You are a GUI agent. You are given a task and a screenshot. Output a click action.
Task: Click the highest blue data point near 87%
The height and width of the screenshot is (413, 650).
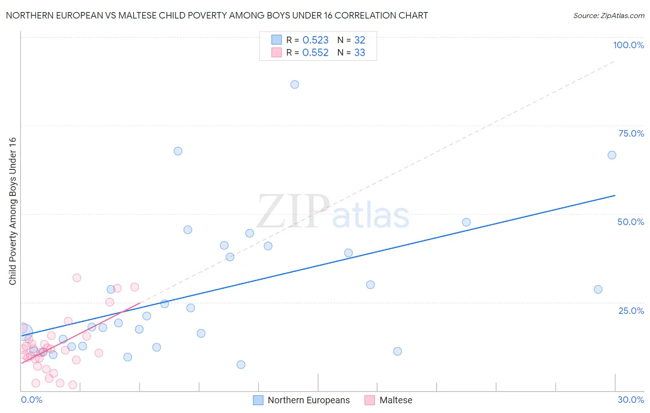(x=294, y=84)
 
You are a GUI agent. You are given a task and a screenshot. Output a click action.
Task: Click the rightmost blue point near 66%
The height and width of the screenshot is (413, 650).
(x=612, y=155)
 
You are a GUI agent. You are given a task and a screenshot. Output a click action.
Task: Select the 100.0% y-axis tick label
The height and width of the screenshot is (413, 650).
(x=628, y=45)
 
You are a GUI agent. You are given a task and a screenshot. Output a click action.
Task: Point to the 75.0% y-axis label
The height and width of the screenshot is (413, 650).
(x=631, y=133)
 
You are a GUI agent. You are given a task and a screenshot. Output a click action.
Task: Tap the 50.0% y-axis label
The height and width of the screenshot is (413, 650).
(x=631, y=222)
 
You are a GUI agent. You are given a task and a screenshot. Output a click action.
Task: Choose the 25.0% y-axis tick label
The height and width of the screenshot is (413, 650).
(x=631, y=310)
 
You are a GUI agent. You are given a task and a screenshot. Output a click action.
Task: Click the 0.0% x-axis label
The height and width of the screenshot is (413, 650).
(x=31, y=400)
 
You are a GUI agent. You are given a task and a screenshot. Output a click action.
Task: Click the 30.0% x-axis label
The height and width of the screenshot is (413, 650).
(x=631, y=400)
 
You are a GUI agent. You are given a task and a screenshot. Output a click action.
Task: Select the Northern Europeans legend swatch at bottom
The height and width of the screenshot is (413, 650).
(x=258, y=400)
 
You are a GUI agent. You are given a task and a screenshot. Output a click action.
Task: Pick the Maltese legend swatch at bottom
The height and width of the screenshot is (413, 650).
(x=369, y=400)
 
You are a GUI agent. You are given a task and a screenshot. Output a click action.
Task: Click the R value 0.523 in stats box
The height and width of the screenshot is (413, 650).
(x=315, y=40)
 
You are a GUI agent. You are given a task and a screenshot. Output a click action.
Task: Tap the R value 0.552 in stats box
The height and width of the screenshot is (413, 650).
(x=315, y=52)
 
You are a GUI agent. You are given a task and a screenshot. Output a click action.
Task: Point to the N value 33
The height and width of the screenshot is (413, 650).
(x=360, y=52)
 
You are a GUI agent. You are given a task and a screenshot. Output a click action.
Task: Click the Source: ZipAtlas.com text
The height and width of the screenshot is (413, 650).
(x=608, y=15)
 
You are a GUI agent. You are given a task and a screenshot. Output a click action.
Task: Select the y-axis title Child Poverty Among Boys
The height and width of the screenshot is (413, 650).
(x=12, y=211)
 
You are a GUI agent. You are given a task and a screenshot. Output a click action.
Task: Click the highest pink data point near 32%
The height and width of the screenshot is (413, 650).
(x=77, y=278)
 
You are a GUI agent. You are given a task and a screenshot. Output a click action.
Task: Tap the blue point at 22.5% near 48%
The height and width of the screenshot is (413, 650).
(x=466, y=222)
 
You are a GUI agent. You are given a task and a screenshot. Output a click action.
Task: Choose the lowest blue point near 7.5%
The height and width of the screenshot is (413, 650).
(x=241, y=364)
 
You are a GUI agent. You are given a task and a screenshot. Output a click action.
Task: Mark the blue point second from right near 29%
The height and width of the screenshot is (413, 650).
(x=598, y=289)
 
